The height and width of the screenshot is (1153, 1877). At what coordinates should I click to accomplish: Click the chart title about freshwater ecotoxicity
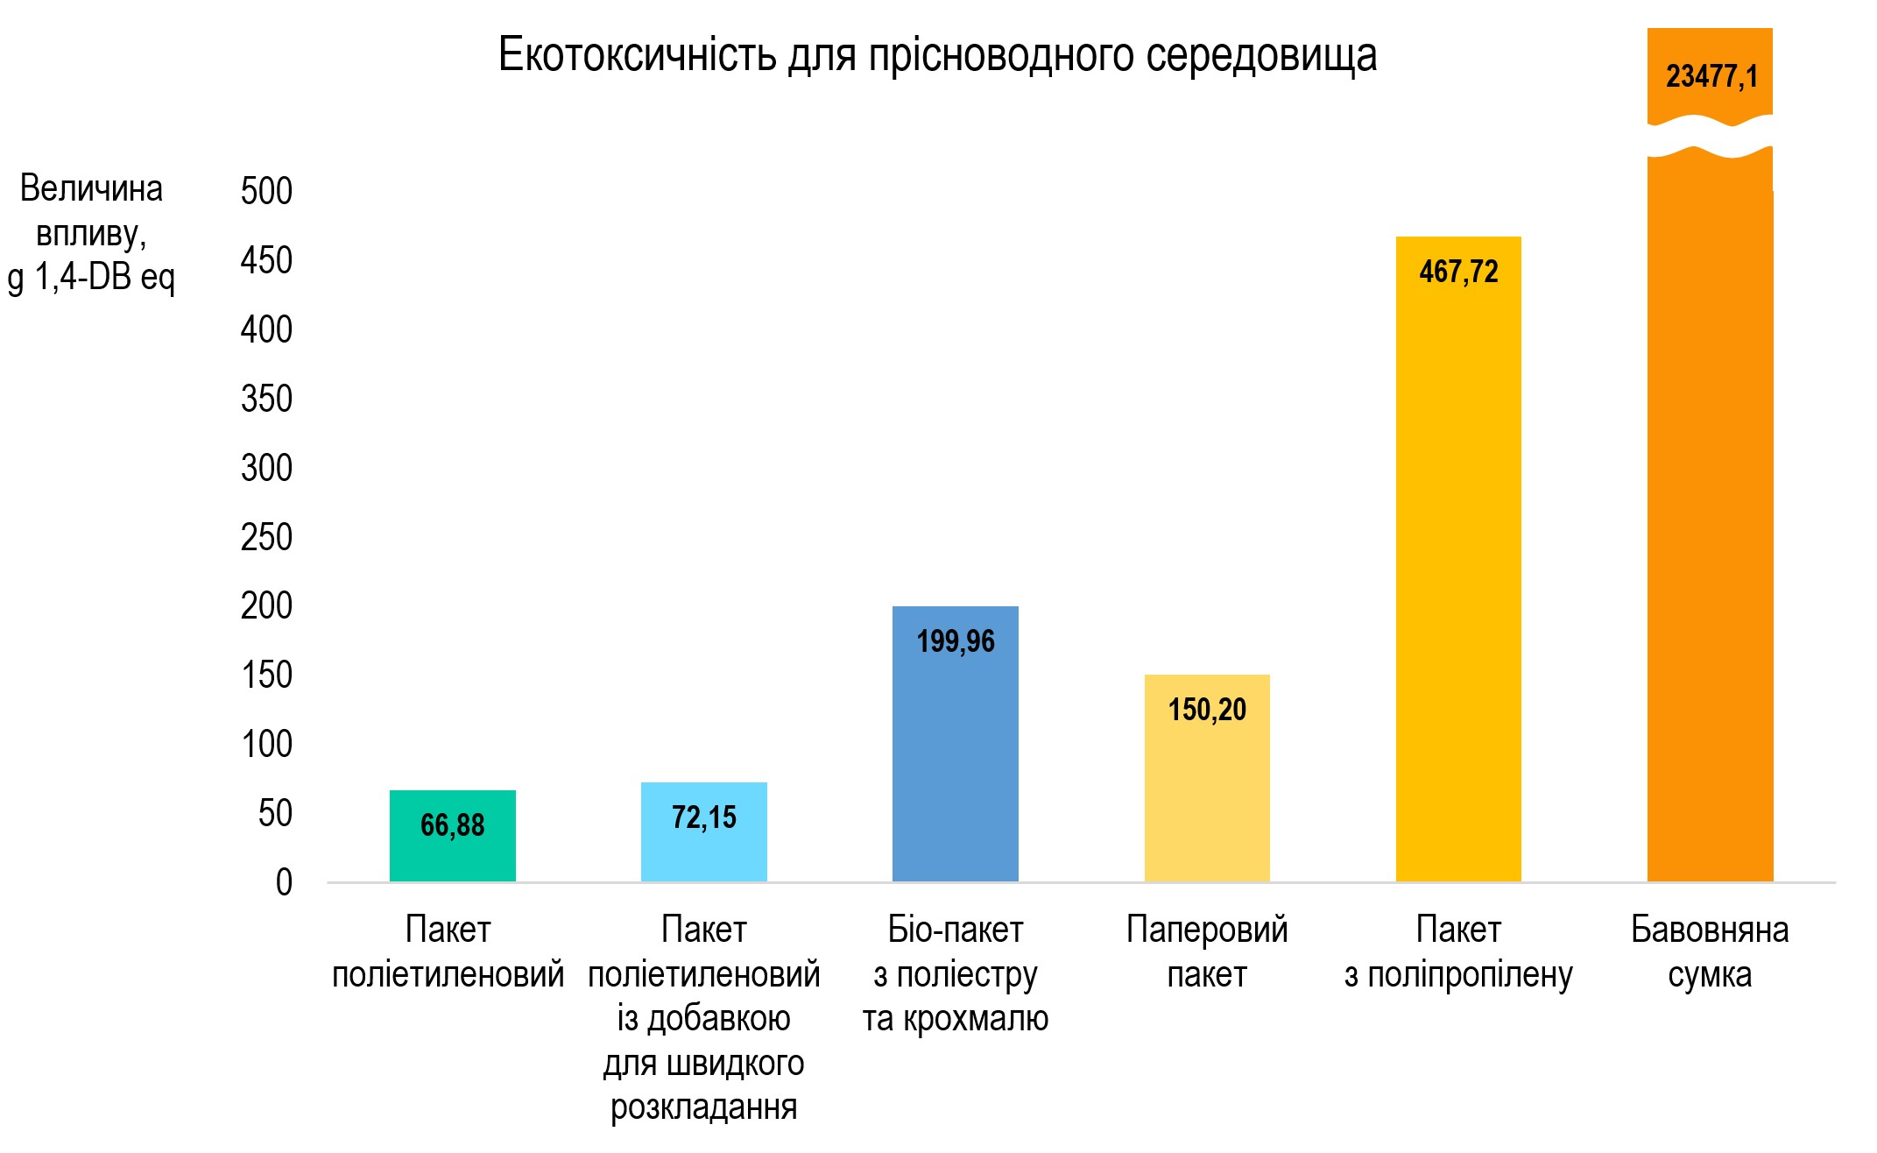pyautogui.click(x=937, y=54)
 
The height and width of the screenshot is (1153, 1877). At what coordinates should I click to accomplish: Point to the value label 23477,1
pyautogui.click(x=1711, y=77)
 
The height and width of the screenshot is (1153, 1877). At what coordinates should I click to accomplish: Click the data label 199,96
pyautogui.click(x=956, y=641)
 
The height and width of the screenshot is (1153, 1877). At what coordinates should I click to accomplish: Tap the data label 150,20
pyautogui.click(x=1206, y=710)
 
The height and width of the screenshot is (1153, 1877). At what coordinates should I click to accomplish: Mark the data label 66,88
pyautogui.click(x=452, y=825)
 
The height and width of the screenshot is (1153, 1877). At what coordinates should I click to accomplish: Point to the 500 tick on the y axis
pyautogui.click(x=266, y=191)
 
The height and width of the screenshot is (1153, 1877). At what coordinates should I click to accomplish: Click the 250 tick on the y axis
pyautogui.click(x=266, y=537)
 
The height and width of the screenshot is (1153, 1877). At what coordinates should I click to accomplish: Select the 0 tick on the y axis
pyautogui.click(x=284, y=882)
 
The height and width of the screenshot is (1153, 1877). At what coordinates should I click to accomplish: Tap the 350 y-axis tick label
pyautogui.click(x=266, y=399)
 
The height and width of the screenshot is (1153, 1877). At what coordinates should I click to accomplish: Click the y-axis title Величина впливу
pyautogui.click(x=91, y=232)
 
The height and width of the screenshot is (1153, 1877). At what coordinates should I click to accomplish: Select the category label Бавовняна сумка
pyautogui.click(x=1710, y=951)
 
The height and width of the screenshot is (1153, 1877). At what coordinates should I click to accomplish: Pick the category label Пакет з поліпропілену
pyautogui.click(x=1458, y=951)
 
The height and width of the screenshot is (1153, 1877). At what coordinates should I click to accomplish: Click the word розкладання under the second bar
pyautogui.click(x=703, y=1107)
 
